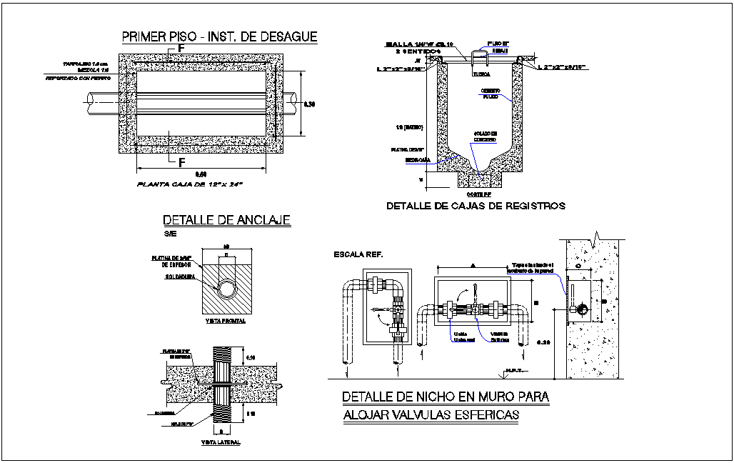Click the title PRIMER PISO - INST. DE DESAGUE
(219, 37)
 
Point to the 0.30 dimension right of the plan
(310, 104)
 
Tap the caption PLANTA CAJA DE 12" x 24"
(190, 184)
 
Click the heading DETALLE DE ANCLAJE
(226, 220)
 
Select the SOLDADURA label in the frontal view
(181, 275)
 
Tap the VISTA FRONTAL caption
(225, 321)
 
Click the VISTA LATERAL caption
(221, 442)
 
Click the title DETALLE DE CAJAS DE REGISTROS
(476, 206)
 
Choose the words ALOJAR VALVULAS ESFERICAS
(431, 415)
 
